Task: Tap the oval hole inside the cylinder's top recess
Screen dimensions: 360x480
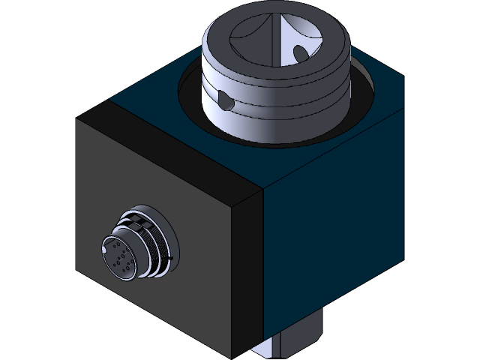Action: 300,53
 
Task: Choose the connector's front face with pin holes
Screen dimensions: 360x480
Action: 120,255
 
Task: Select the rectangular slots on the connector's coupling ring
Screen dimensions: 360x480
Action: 134,221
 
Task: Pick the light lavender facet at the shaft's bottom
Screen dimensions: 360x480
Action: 266,349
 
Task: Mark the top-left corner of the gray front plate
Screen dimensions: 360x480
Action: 77,120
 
